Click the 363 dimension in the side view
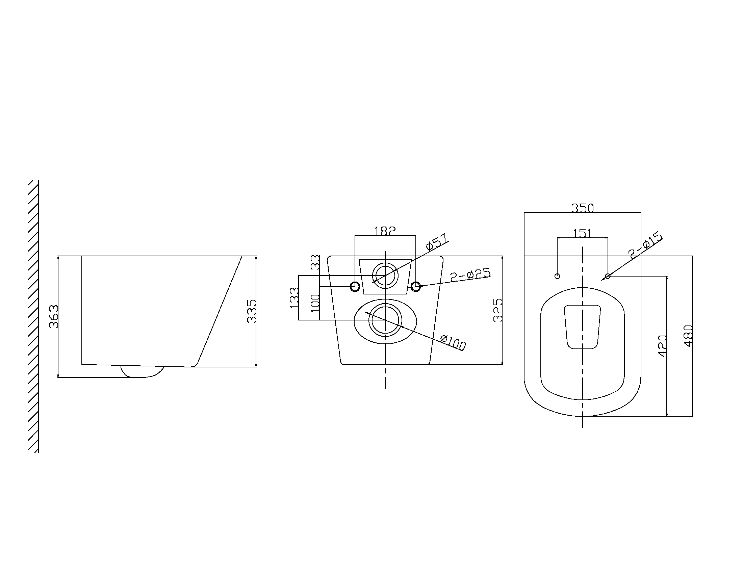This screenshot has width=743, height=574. pos(54,317)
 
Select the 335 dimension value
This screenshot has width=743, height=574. pos(252,311)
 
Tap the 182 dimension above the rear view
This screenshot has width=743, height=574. pos(385,231)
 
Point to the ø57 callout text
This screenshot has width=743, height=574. pos(437,242)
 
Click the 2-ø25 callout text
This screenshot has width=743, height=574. pos(470,275)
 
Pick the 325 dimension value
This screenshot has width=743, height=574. pos(498,310)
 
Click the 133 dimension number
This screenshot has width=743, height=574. pos(294,298)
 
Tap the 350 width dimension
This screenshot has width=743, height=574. pos(583,208)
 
